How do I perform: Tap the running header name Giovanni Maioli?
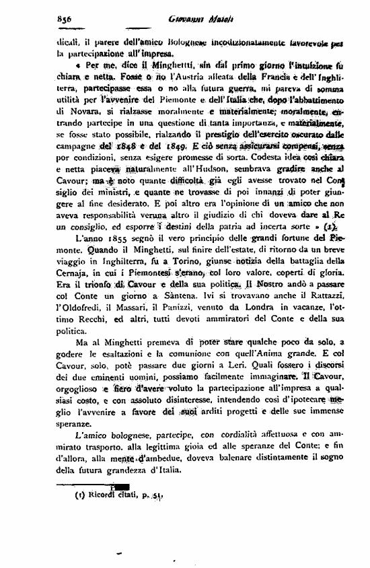click(189, 20)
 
